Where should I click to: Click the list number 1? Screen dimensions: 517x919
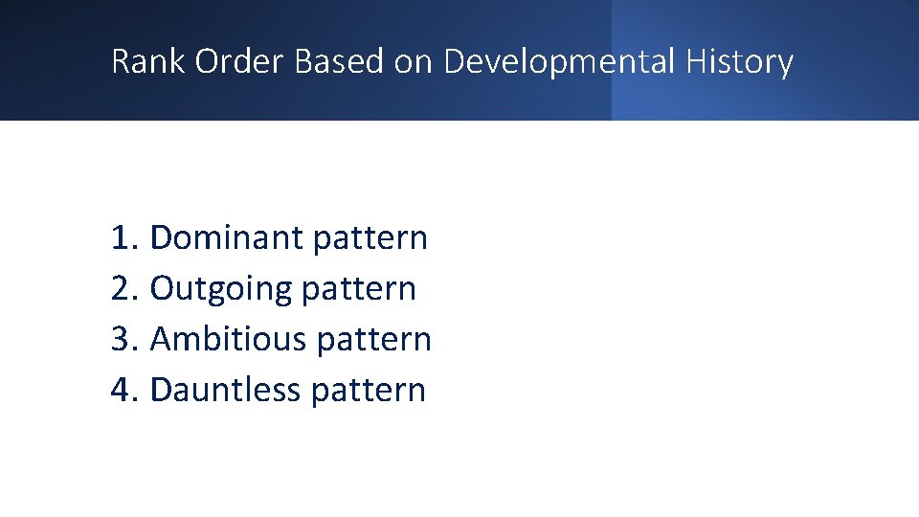click(x=122, y=237)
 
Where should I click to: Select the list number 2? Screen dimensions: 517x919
click(x=122, y=288)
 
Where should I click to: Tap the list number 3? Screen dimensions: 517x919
click(x=122, y=339)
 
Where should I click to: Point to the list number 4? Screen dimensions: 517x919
click(x=122, y=390)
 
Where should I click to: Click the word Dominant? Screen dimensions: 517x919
click(x=226, y=237)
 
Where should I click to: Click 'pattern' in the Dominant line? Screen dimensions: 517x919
click(x=370, y=237)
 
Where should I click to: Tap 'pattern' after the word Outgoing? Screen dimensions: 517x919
click(x=359, y=288)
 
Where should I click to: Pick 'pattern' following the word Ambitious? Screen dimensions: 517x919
click(x=373, y=339)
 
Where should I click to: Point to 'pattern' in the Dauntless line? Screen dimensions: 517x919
click(x=369, y=390)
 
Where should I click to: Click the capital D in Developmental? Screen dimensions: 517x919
click(x=455, y=61)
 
